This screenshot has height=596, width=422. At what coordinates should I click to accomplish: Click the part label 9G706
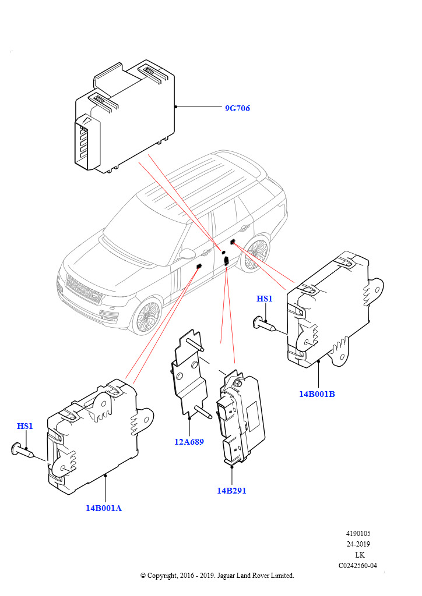[x=237, y=108]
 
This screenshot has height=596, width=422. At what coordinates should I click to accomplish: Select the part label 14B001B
[x=317, y=394]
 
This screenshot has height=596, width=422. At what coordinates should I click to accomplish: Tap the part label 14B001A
[x=104, y=508]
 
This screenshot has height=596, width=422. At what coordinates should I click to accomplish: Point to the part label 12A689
[x=189, y=441]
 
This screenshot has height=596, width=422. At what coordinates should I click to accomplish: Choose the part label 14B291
[x=231, y=491]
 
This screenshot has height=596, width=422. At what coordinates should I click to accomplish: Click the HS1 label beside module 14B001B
[x=265, y=299]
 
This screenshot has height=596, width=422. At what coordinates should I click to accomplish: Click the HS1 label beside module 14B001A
[x=25, y=426]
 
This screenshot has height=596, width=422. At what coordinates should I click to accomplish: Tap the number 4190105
[x=358, y=534]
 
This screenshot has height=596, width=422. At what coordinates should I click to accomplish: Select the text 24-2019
[x=358, y=544]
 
